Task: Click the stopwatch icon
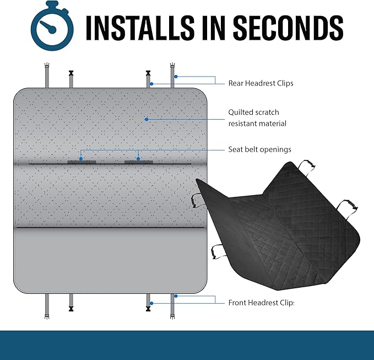click(x=53, y=26)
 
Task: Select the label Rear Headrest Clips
click(x=261, y=83)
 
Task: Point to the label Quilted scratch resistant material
click(x=257, y=117)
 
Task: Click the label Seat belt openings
click(x=259, y=149)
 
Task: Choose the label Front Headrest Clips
click(x=261, y=303)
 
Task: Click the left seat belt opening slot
click(x=82, y=162)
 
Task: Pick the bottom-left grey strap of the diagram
click(x=47, y=306)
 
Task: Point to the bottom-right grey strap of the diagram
click(x=172, y=306)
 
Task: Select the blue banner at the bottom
click(x=187, y=345)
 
